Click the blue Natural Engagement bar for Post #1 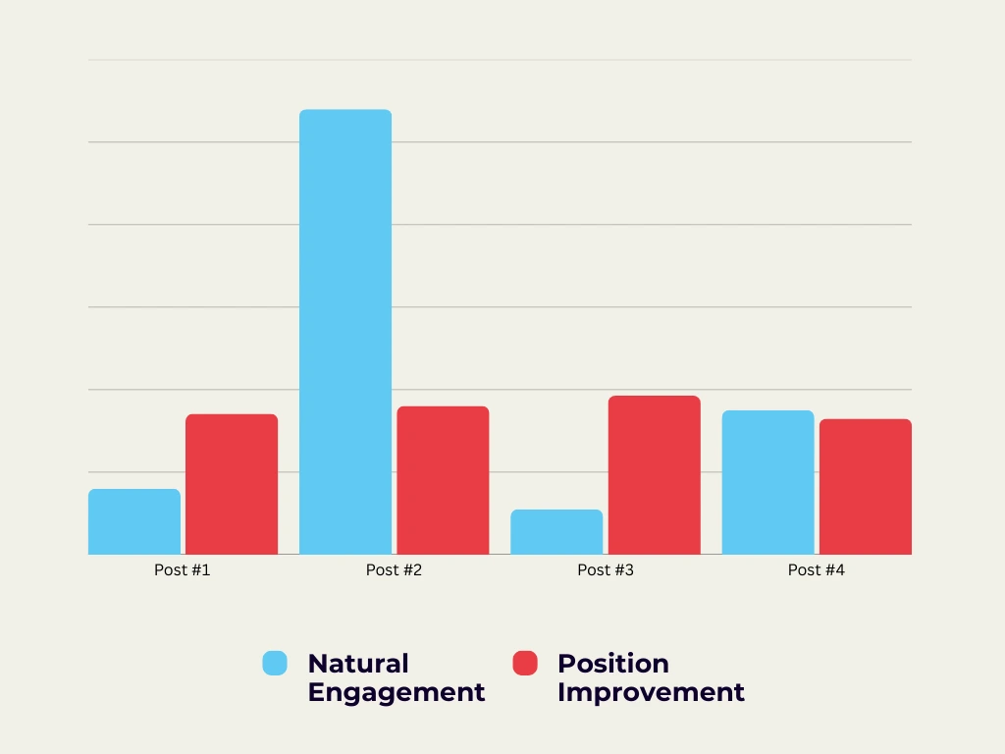click(x=134, y=521)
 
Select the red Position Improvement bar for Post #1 click(x=232, y=484)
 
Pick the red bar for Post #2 click(x=443, y=480)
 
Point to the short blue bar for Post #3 click(x=556, y=532)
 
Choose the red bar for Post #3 click(x=655, y=475)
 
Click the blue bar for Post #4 click(x=767, y=482)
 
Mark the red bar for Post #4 click(x=866, y=487)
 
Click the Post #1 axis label click(x=183, y=569)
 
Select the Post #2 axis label click(x=394, y=569)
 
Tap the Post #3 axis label click(x=606, y=569)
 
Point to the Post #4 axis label click(x=817, y=569)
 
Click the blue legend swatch click(x=275, y=663)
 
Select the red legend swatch click(x=525, y=663)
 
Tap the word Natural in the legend click(x=357, y=664)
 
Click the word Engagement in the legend click(x=397, y=692)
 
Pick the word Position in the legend click(x=612, y=664)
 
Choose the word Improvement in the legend click(x=651, y=692)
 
